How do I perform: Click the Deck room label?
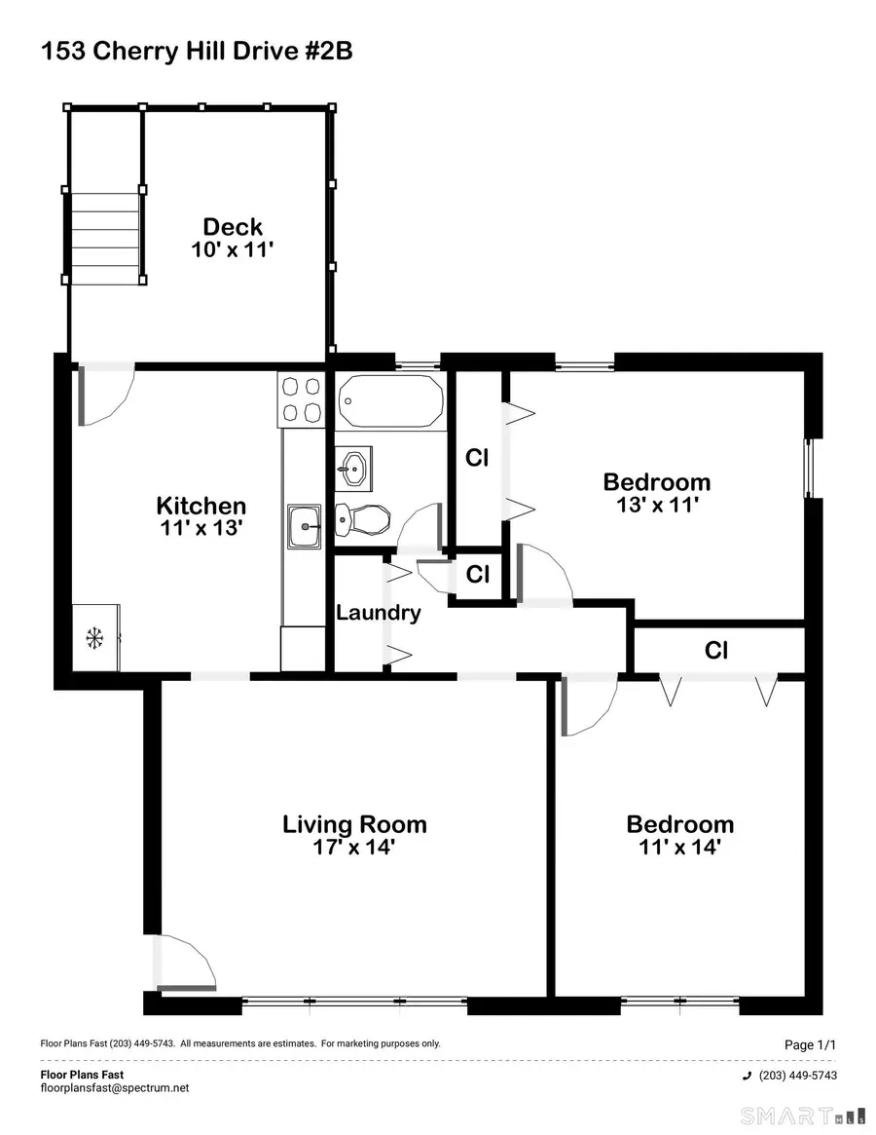point(233,229)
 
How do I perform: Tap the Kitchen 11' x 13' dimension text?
point(201,530)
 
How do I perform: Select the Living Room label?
point(354,824)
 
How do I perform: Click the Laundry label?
point(379,613)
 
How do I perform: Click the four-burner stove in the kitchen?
point(300,399)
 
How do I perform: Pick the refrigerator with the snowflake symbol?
point(95,638)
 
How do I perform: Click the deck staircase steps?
point(105,235)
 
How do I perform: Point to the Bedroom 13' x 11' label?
point(656,481)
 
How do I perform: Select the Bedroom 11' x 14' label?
point(679,824)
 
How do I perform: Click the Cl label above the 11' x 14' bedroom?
point(716,650)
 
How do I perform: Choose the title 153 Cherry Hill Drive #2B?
point(196,52)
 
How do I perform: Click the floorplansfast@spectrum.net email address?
point(115,1087)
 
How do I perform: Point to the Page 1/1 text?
point(810,1044)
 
